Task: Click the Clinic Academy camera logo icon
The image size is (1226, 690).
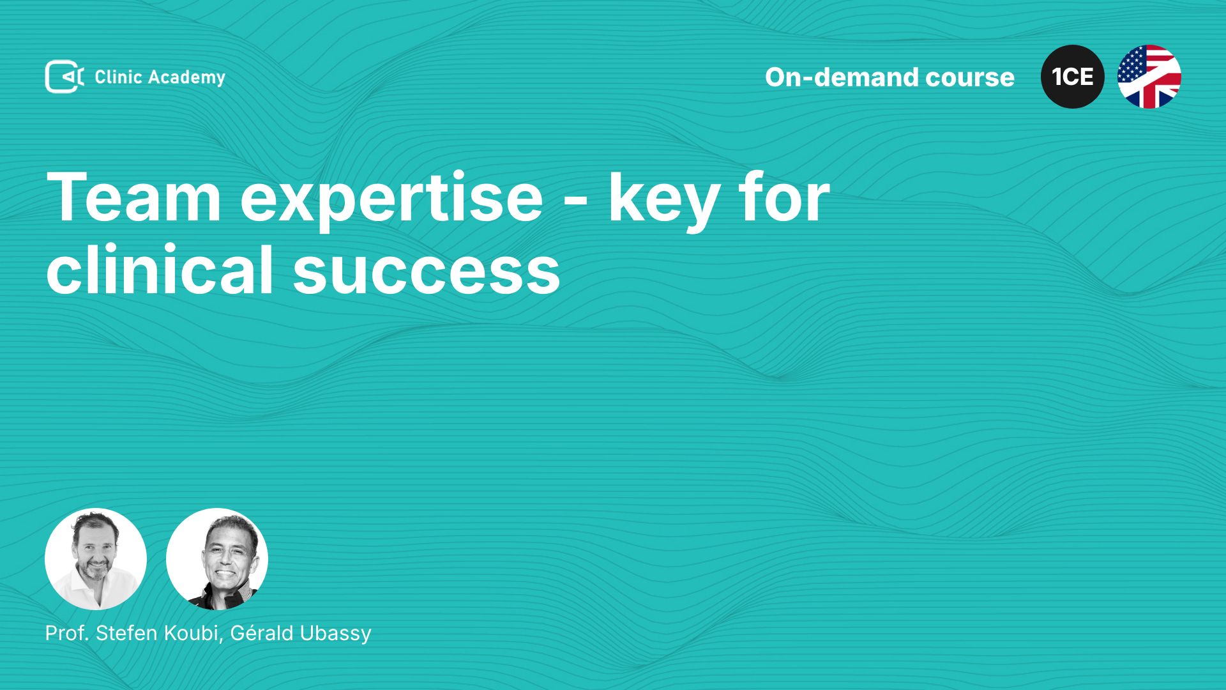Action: (x=64, y=77)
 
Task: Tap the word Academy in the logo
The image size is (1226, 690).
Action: (x=187, y=78)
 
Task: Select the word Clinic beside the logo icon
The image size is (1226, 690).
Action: (x=118, y=77)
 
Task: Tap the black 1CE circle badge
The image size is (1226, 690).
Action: (x=1073, y=77)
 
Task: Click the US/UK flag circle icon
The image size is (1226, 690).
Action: (x=1149, y=77)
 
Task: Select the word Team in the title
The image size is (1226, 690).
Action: (x=134, y=197)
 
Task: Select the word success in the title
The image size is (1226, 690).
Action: (x=427, y=273)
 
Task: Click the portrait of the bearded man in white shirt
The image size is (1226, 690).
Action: (x=96, y=559)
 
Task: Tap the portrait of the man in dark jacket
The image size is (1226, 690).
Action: (x=217, y=559)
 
